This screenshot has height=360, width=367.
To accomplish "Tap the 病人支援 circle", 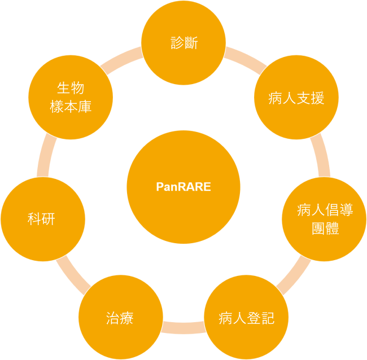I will (296, 98).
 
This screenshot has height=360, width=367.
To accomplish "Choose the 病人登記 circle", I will (246, 318).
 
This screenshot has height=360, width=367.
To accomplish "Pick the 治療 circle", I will (120, 318).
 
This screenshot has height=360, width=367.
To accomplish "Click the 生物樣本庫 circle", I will (71, 97).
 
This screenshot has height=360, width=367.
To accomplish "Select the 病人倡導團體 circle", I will (324, 219).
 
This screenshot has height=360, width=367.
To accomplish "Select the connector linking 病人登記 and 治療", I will (183, 327).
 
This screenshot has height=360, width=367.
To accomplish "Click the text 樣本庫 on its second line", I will (71, 107).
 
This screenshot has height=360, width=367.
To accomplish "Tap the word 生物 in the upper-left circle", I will (71, 88).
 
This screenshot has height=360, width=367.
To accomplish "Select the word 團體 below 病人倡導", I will (325, 229).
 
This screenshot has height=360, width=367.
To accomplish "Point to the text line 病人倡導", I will (325, 210).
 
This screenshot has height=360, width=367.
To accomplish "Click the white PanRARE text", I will (183, 187).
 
